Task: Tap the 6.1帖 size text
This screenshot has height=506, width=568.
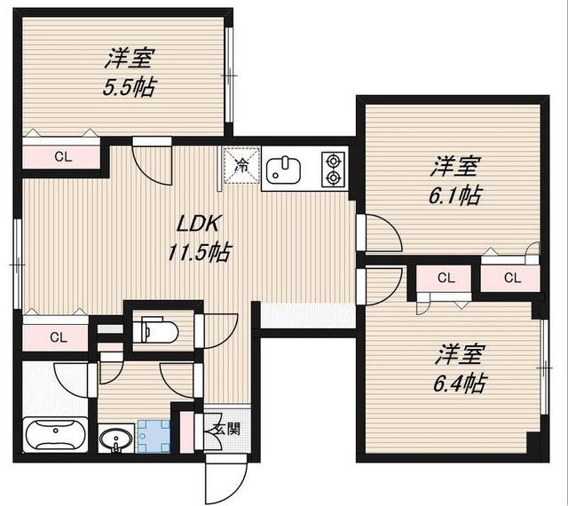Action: [x=456, y=194]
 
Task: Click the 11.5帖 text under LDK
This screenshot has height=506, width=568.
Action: [x=200, y=252]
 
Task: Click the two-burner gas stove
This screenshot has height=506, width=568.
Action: [x=333, y=169]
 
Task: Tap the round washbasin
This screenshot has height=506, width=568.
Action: [x=114, y=439]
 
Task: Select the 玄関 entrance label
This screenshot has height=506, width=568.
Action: [x=218, y=429]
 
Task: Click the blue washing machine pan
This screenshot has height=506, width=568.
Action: [x=156, y=435]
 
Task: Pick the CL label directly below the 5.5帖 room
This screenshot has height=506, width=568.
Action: [x=62, y=157]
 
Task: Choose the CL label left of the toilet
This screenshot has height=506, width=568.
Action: [x=58, y=336]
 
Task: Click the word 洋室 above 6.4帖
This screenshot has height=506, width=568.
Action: [x=459, y=354]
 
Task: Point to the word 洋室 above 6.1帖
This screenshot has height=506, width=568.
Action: [x=456, y=165]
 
